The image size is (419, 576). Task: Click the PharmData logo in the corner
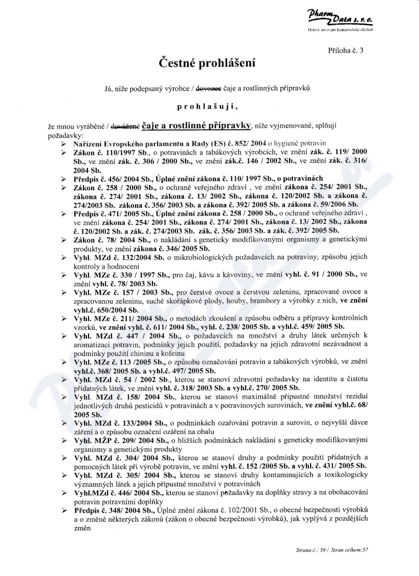pos(340,23)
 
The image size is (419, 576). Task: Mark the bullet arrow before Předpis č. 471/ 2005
pos(63,214)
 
